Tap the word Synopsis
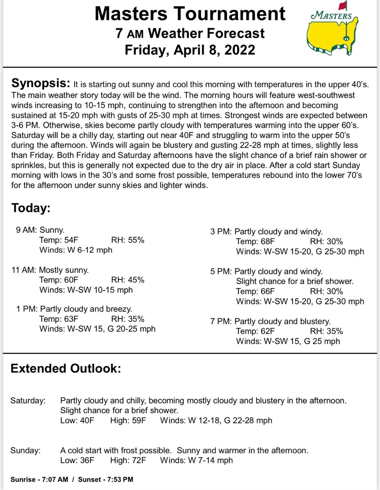coord(41,83)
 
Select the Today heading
coord(31,208)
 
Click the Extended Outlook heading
coord(66,368)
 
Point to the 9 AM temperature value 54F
coord(71,240)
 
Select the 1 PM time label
coord(27,309)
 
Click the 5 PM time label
coord(221,271)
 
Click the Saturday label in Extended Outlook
coord(28,400)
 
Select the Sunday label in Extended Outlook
coord(25,450)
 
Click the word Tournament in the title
coord(229,14)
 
